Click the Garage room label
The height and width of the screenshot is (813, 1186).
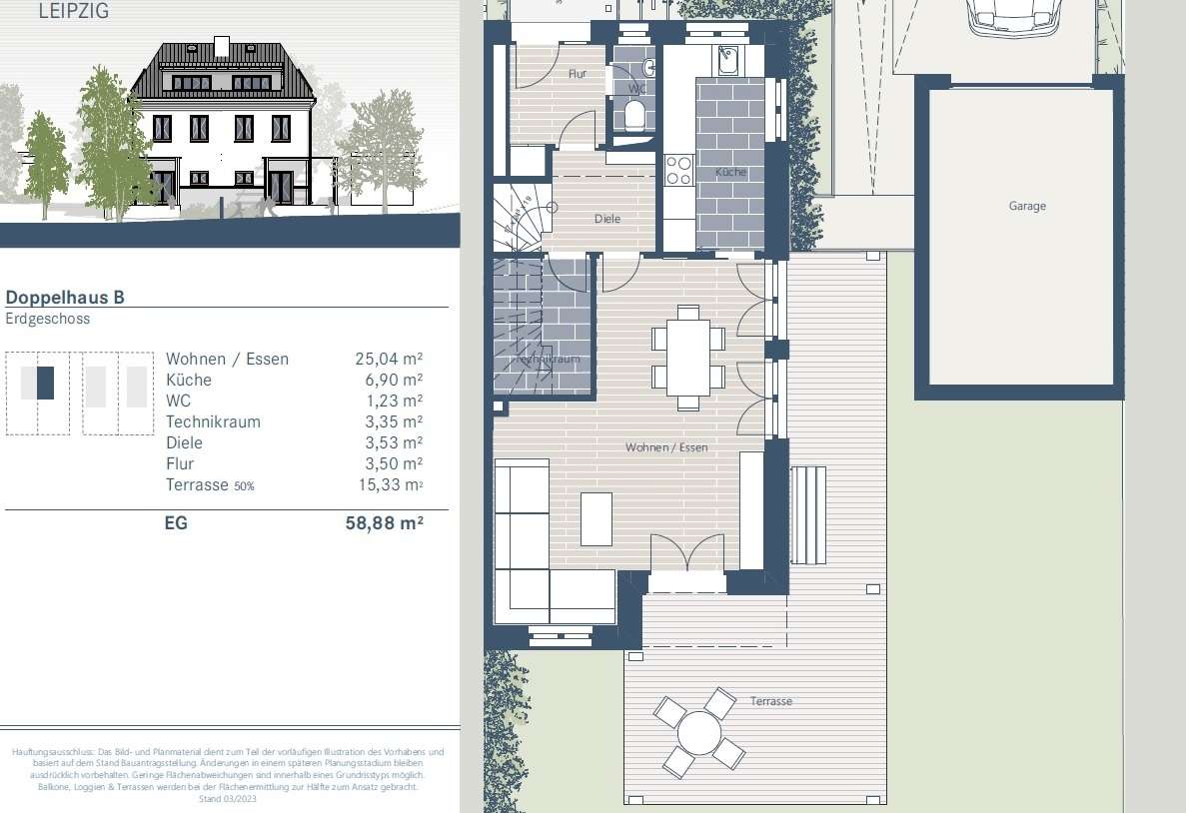pos(1027,206)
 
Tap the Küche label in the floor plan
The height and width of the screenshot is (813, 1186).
pos(730,173)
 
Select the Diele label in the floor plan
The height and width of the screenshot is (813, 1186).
pos(607,219)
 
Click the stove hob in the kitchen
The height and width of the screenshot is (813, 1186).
pos(679,170)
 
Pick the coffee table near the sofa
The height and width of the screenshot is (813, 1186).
pos(596,519)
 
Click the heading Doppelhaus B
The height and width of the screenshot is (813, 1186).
pos(65,297)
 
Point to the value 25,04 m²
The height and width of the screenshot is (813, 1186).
pos(389,359)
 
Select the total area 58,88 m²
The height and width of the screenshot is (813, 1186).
pos(378,521)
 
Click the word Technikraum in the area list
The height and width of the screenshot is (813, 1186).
pos(213,421)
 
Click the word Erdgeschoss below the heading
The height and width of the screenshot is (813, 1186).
pos(48,320)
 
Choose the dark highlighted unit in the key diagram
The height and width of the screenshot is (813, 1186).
pos(45,384)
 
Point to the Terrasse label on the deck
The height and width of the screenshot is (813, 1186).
pos(770,701)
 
